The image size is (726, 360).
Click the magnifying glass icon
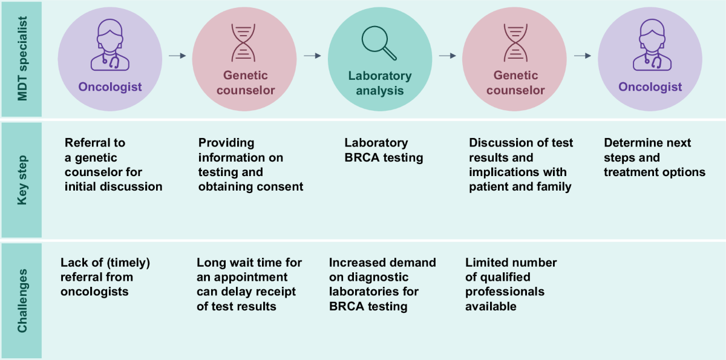[x=379, y=44]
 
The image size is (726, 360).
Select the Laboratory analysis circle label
[x=379, y=83]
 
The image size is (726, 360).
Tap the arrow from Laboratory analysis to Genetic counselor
[x=447, y=56]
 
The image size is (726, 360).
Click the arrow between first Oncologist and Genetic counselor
[x=177, y=56]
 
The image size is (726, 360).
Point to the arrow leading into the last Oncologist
[x=582, y=56]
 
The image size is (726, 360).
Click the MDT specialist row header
[x=21, y=59]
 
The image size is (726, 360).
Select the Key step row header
[x=21, y=180]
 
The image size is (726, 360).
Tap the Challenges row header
[x=21, y=301]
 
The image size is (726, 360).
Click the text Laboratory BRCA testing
[x=384, y=151]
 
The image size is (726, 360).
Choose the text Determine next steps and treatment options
[x=654, y=158]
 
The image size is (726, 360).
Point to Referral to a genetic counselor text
[x=113, y=165]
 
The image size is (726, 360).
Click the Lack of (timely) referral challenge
[x=105, y=277]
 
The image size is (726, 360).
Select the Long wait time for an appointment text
[x=249, y=284]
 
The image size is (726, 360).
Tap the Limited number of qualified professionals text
[x=511, y=284]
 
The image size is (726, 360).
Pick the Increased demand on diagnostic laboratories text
[x=382, y=284]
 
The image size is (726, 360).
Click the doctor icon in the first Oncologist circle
[x=110, y=45]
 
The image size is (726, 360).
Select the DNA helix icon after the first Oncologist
[x=243, y=44]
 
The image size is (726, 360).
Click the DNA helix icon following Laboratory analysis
[x=514, y=44]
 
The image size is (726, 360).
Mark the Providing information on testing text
[x=250, y=165]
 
